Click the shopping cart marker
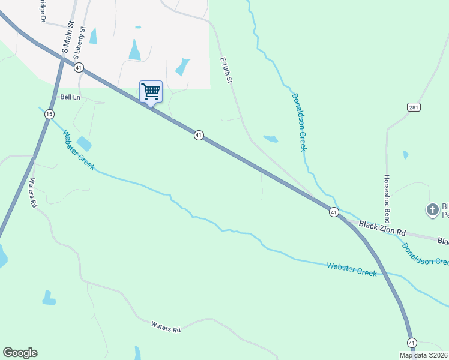click(151, 92)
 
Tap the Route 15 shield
click(49, 114)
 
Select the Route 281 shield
click(412, 107)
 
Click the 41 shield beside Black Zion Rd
click(334, 212)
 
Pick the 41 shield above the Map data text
click(411, 343)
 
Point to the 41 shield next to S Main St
click(79, 68)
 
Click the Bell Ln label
click(70, 97)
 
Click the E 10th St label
click(226, 70)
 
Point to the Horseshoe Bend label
click(387, 197)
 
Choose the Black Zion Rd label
click(382, 228)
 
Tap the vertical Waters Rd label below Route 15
click(32, 193)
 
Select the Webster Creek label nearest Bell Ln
click(78, 149)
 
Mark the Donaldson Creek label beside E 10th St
click(298, 122)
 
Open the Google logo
click(20, 353)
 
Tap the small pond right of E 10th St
click(271, 139)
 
